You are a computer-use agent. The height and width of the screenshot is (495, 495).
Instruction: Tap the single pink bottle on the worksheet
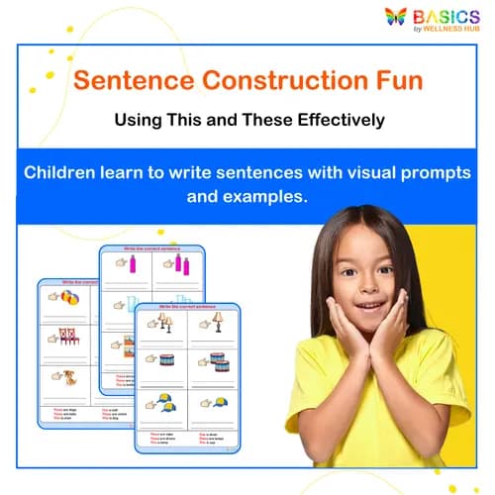134,264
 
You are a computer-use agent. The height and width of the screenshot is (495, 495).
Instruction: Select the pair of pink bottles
183,264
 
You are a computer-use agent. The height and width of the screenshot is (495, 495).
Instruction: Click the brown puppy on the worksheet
72,377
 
